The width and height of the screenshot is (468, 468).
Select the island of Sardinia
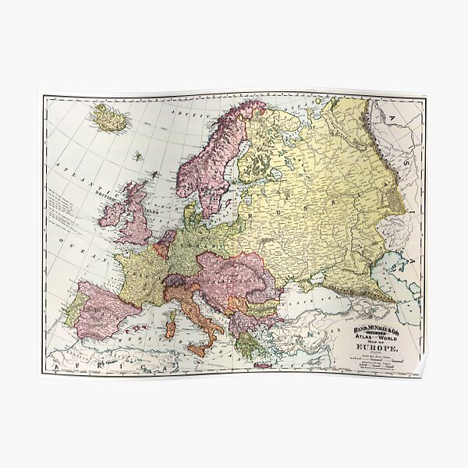pyautogui.click(x=171, y=328)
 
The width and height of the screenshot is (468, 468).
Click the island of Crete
pyautogui.click(x=263, y=364)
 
